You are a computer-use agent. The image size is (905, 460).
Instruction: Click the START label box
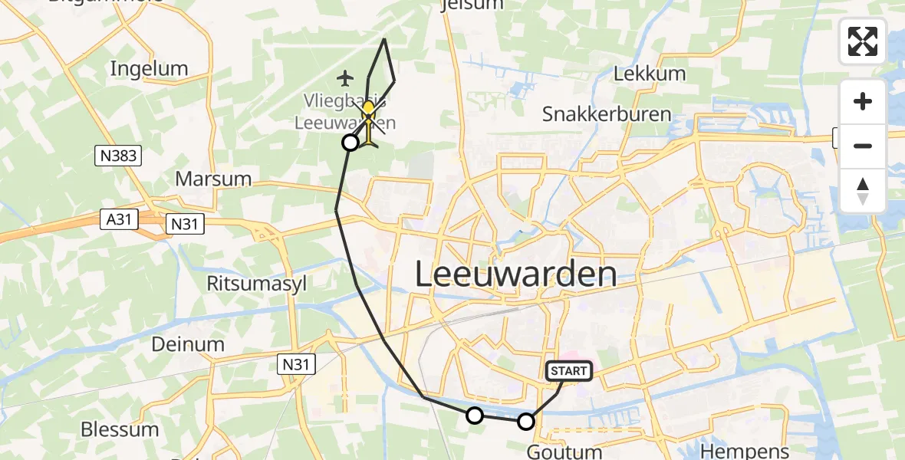point(568,371)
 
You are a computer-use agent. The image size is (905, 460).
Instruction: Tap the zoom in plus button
point(863,101)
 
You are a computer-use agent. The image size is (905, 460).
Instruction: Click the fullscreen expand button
point(863,41)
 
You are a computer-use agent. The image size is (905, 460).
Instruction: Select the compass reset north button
point(863,191)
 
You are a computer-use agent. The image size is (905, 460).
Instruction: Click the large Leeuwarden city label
point(515,274)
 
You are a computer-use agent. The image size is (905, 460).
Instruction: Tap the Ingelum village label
point(149,68)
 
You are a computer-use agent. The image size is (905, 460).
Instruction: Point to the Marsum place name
point(213,179)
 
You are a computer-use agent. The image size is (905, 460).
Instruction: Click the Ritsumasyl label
point(256,284)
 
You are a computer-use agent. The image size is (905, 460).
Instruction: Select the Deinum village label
point(187,344)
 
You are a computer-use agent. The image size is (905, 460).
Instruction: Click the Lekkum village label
point(650,74)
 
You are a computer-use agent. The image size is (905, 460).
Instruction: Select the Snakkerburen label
point(606,115)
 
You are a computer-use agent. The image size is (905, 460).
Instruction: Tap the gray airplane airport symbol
point(346,77)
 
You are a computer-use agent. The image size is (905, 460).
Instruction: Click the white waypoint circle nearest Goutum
point(526,421)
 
